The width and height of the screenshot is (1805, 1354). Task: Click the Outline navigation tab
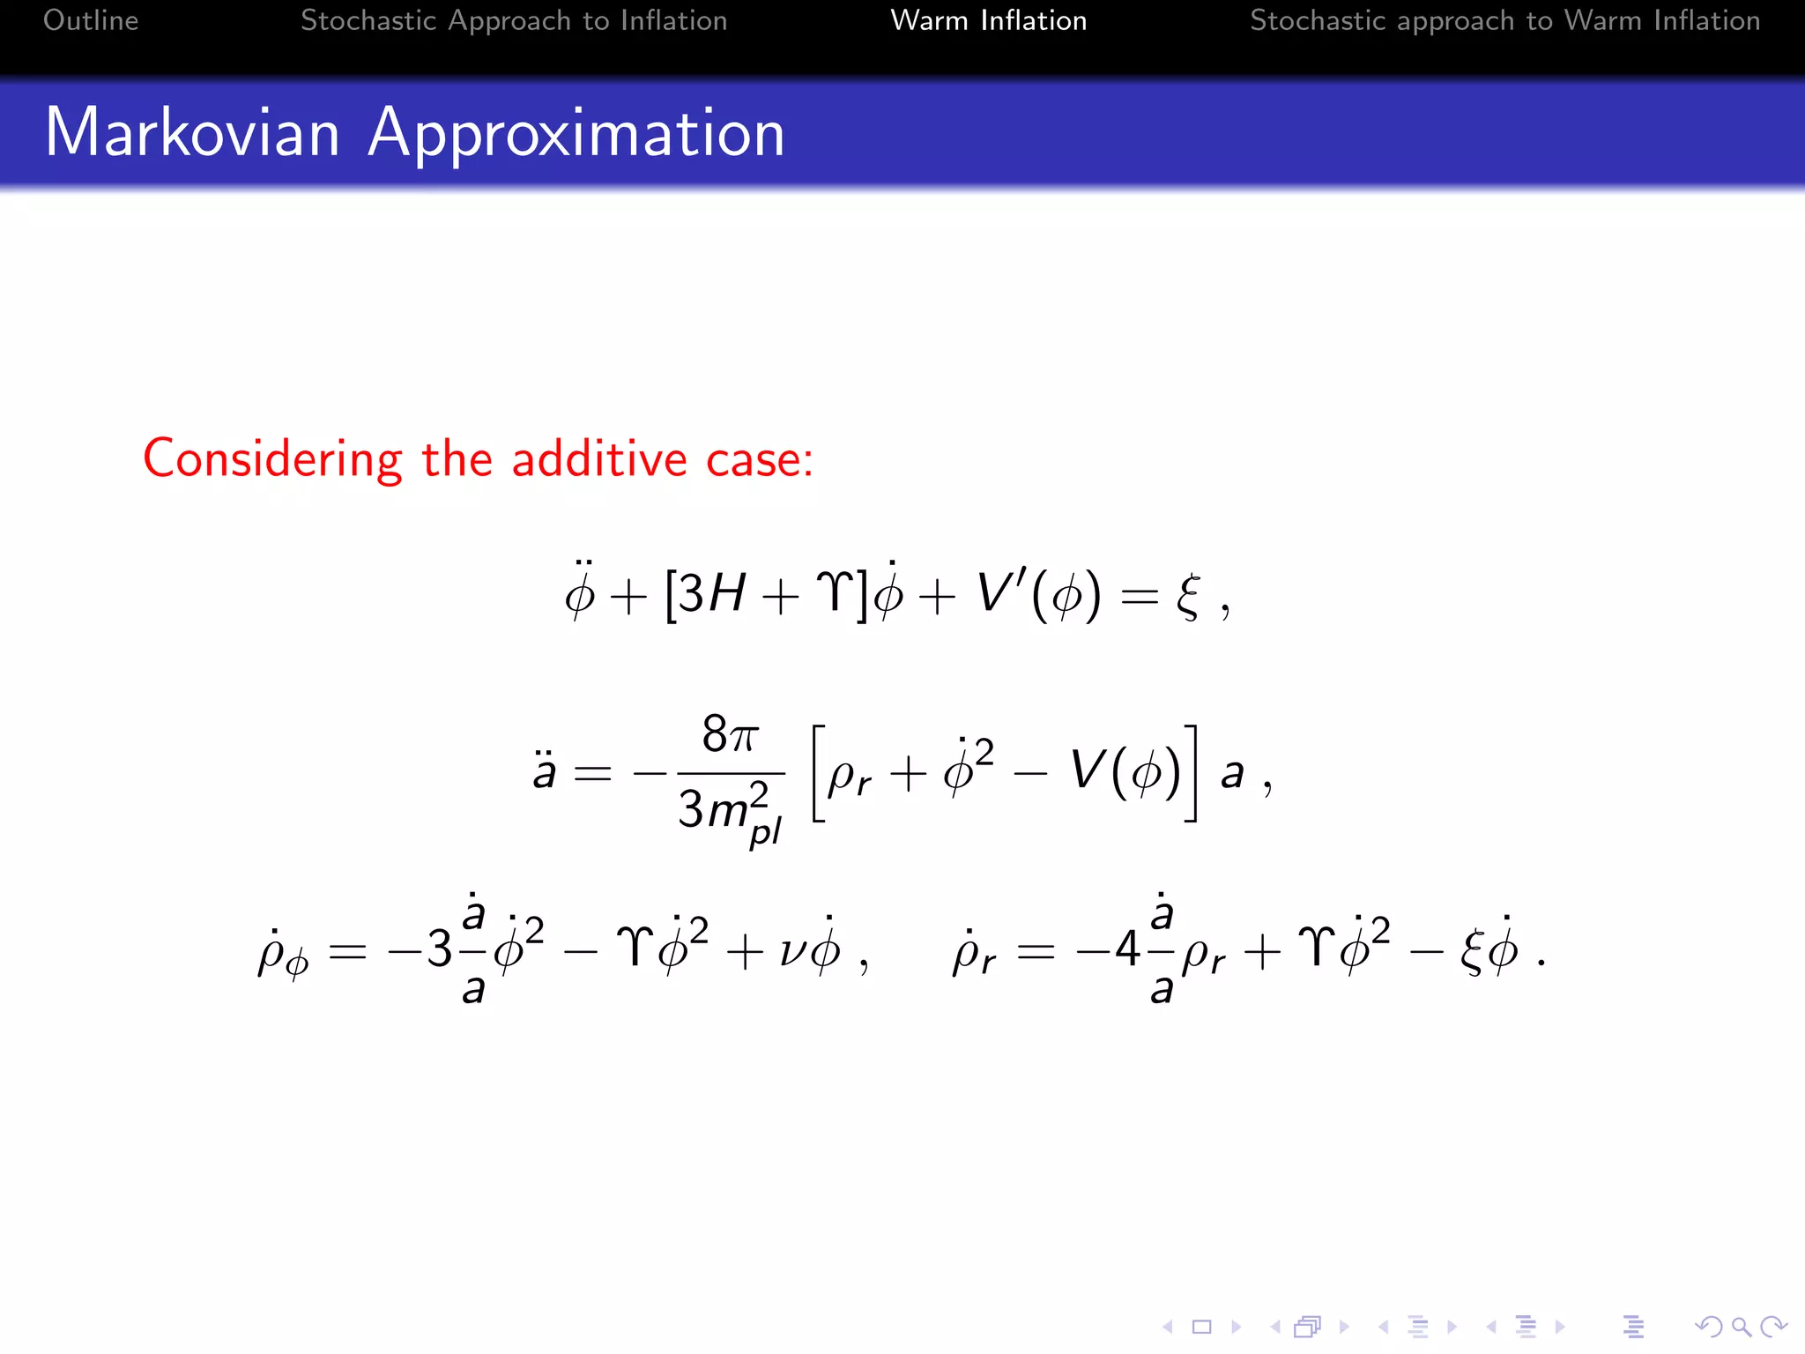click(x=91, y=20)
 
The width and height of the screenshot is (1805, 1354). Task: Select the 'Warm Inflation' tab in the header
click(x=988, y=20)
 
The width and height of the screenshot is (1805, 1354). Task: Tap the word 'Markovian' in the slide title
click(x=192, y=133)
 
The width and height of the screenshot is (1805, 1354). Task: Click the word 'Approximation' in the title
click(x=576, y=135)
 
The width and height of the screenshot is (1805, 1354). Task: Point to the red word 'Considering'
click(x=273, y=460)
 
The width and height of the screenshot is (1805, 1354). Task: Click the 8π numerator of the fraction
click(x=730, y=734)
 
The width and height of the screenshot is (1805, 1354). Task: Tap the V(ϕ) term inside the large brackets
click(x=1125, y=772)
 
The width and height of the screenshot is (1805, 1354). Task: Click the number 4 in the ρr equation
click(x=1127, y=950)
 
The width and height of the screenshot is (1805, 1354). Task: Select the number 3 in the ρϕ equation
click(x=440, y=950)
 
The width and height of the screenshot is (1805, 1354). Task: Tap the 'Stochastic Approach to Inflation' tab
click(x=514, y=20)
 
